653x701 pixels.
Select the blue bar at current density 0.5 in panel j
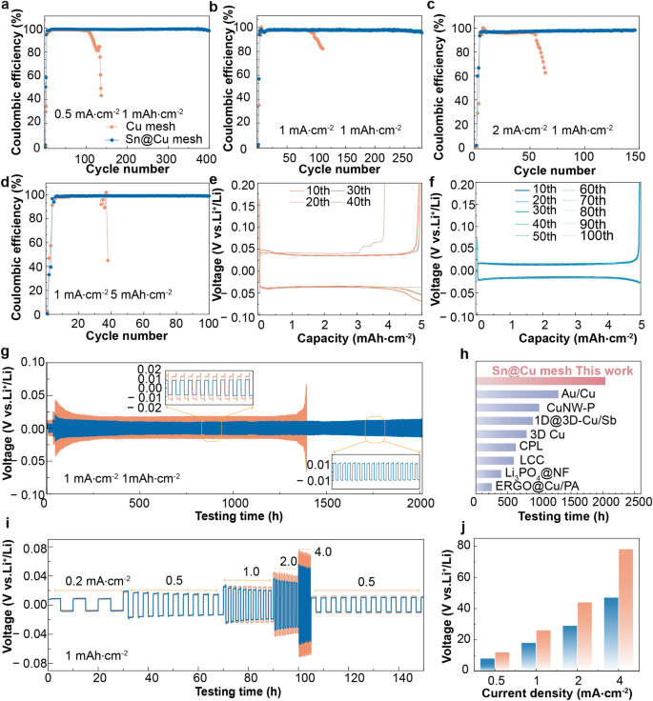click(487, 664)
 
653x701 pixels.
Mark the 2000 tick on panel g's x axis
click(419, 504)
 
